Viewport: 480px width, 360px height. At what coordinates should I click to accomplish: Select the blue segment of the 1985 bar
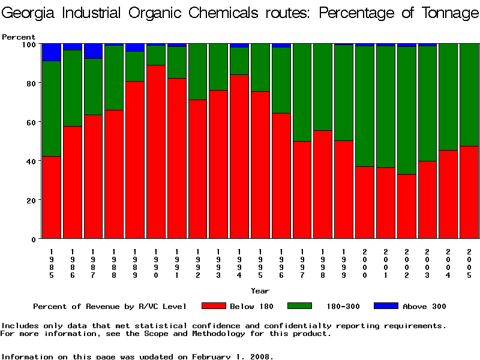click(52, 52)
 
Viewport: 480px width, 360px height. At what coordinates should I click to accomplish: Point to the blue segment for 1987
click(93, 51)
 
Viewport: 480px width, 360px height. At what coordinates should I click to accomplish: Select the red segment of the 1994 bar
click(239, 156)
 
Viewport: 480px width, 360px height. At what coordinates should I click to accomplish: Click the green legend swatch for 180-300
click(300, 306)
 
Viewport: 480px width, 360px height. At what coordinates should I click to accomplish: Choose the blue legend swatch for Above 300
click(386, 306)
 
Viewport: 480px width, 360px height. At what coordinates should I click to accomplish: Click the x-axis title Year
click(260, 291)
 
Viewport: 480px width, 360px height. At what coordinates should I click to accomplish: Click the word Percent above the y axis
click(19, 37)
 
